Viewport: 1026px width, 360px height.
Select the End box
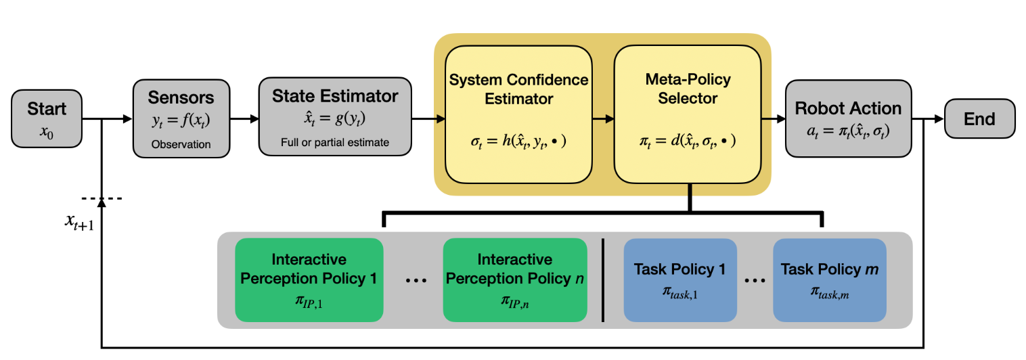click(979, 119)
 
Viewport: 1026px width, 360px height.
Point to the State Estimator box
click(335, 116)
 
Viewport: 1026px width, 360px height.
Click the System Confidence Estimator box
click(518, 114)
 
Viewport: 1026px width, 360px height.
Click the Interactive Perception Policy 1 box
click(309, 279)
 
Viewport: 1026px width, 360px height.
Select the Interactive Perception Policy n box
click(514, 279)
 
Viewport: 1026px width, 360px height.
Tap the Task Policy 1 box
click(679, 279)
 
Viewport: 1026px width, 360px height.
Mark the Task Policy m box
click(829, 279)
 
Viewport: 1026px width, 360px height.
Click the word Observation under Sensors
click(181, 144)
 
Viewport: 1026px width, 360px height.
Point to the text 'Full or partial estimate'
click(335, 142)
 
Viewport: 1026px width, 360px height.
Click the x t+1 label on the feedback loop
click(77, 221)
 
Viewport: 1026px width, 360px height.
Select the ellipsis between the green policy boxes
click(414, 279)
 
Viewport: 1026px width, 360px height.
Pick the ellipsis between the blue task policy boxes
click(754, 279)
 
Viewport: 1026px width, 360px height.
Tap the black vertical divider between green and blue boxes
click(603, 279)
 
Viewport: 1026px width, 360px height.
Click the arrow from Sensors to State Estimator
click(244, 119)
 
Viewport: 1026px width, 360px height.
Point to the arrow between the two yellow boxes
click(603, 119)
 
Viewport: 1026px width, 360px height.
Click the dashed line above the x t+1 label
click(101, 198)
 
